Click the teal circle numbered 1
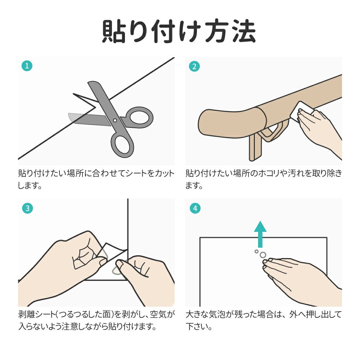click(27, 66)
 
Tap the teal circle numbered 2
click(194, 66)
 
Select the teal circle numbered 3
click(28, 208)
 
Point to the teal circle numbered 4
click(195, 208)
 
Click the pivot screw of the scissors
click(115, 120)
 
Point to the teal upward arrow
click(260, 234)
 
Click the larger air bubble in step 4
click(263, 255)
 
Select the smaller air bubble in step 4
click(256, 251)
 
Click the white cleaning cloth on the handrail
click(301, 110)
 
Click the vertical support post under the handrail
click(255, 147)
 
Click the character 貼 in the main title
click(114, 31)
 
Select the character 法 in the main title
click(244, 31)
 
